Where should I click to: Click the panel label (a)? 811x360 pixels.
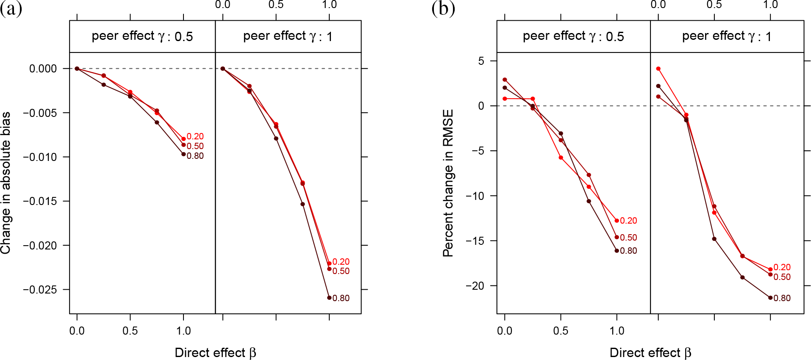click(11, 8)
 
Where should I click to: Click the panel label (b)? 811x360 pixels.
click(443, 8)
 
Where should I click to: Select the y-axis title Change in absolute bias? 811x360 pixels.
click(6, 183)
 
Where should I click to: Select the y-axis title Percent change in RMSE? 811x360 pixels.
click(448, 183)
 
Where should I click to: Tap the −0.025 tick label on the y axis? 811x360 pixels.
click(40, 290)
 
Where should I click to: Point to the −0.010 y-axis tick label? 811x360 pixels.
click(40, 157)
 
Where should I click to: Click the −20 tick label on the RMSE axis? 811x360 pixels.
click(475, 286)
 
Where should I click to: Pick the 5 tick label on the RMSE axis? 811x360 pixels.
click(481, 61)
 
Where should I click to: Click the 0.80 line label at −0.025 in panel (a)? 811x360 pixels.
click(341, 298)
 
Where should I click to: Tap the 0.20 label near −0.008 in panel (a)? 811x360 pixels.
click(195, 136)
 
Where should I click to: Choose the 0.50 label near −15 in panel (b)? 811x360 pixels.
click(628, 238)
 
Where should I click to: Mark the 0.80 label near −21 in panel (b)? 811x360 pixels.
click(782, 298)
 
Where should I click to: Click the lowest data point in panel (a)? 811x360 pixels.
click(329, 298)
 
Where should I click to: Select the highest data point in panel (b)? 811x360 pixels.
click(658, 69)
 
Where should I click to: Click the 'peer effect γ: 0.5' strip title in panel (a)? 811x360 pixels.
click(142, 36)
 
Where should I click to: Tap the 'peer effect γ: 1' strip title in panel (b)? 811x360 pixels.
click(727, 36)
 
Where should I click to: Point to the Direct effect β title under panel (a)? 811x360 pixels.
click(215, 353)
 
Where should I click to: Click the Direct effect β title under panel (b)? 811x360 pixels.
click(650, 353)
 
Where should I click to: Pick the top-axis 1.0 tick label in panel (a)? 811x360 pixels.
click(329, 5)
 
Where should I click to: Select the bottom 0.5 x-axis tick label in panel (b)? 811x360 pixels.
click(561, 331)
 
